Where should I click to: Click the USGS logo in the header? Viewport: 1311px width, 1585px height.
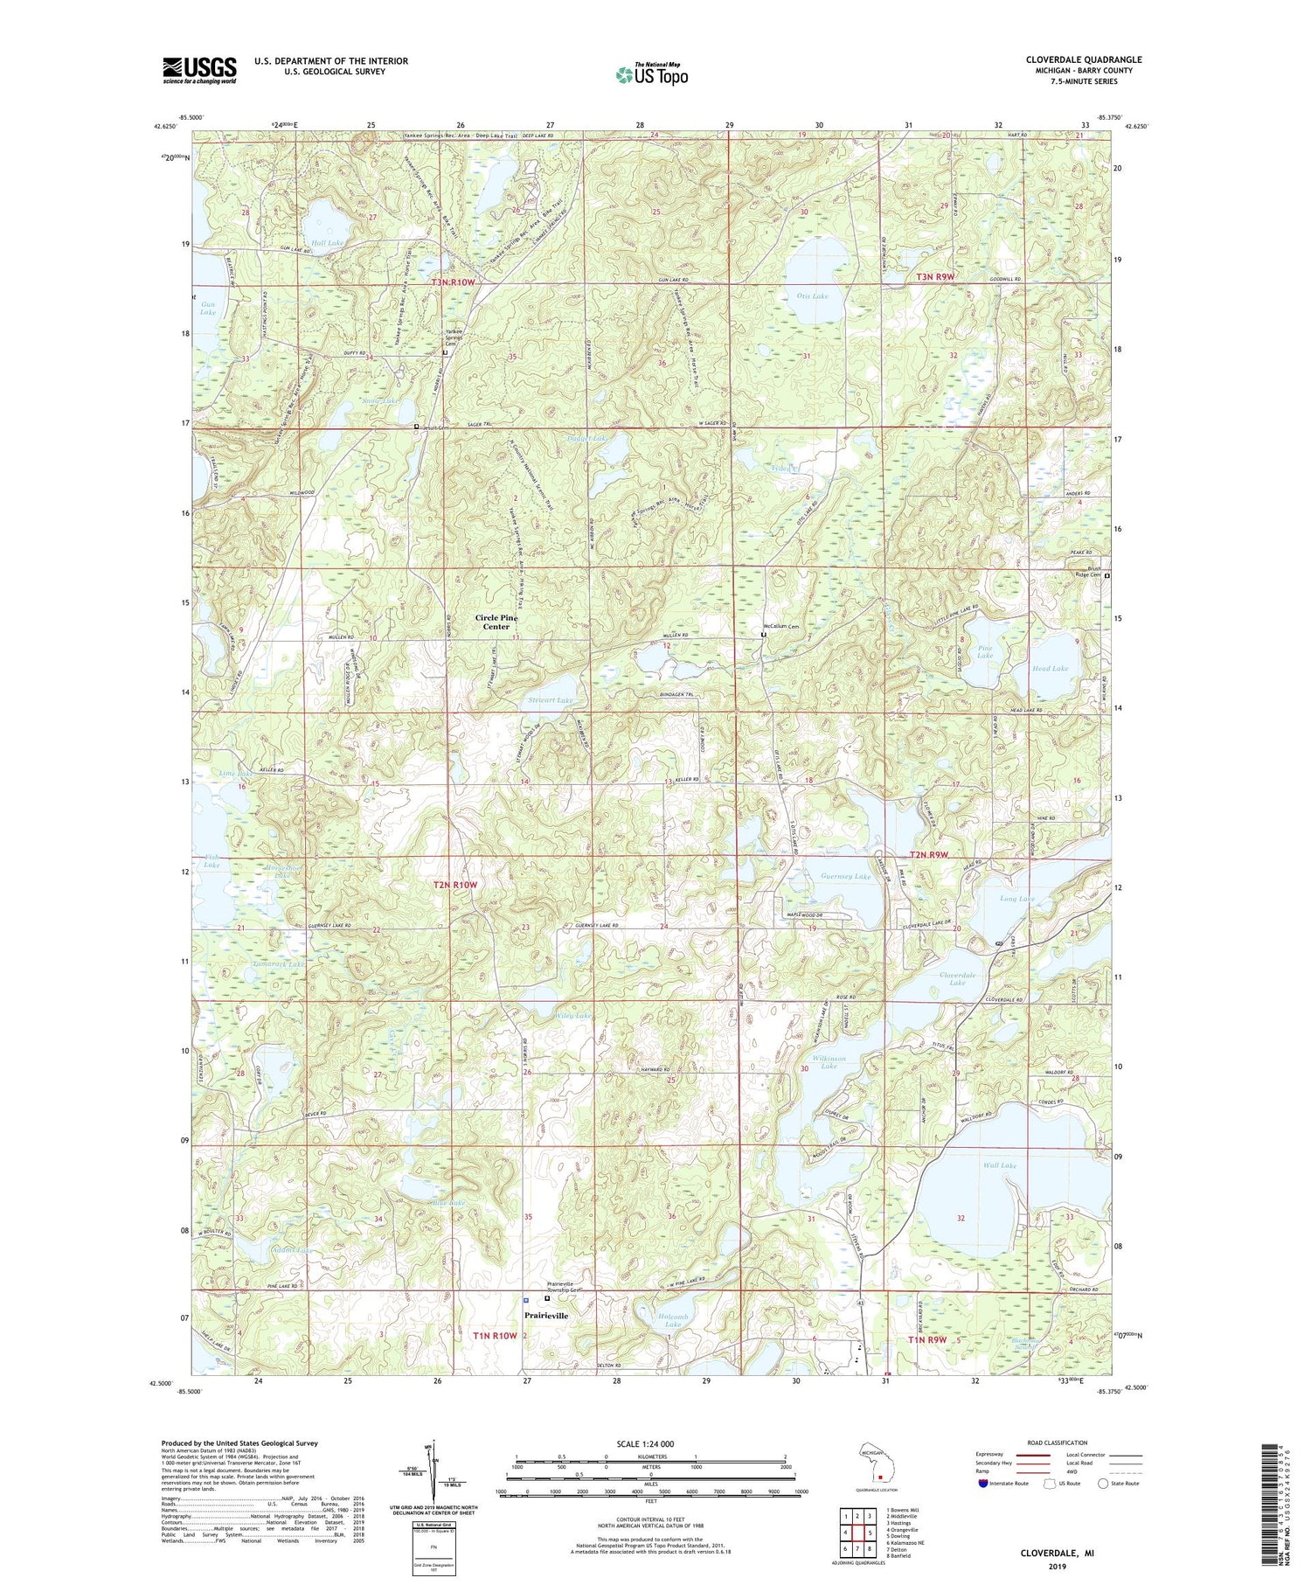tap(199, 70)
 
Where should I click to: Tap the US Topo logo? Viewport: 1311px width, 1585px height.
tap(651, 73)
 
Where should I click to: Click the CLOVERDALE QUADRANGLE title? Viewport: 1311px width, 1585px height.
tap(1083, 59)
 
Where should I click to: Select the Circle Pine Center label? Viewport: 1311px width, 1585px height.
tap(496, 622)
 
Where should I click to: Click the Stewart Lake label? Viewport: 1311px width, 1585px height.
tap(551, 700)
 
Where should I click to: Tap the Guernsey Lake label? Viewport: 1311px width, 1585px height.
tap(846, 876)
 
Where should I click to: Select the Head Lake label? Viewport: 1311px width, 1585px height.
tap(1050, 668)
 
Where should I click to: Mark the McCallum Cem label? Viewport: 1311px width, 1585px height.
tap(780, 627)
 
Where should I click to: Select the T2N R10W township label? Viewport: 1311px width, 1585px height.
tap(456, 885)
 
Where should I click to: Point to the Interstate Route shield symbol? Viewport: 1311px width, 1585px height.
tap(982, 1484)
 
